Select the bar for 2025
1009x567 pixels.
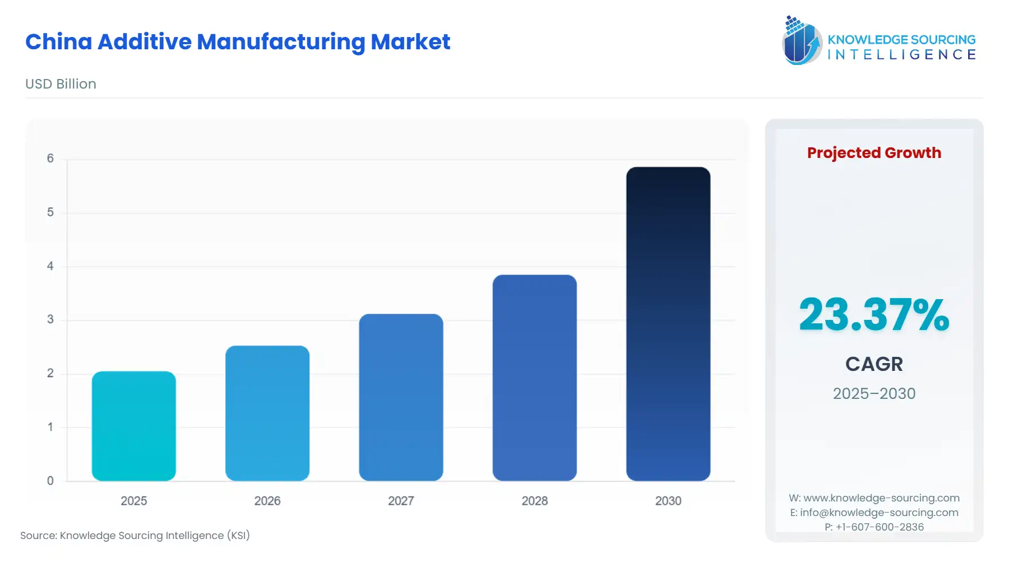pyautogui.click(x=133, y=426)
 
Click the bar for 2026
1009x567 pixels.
pyautogui.click(x=267, y=413)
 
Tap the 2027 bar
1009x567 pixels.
pyautogui.click(x=401, y=397)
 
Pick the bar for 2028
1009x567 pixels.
pyautogui.click(x=534, y=378)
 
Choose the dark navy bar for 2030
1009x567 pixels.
pyautogui.click(x=668, y=323)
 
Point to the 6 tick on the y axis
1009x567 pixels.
pyautogui.click(x=50, y=159)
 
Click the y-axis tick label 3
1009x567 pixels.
pyautogui.click(x=50, y=319)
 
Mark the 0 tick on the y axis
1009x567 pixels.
pyautogui.click(x=50, y=481)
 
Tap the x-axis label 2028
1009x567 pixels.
pyautogui.click(x=534, y=501)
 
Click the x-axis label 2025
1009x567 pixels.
pyautogui.click(x=133, y=501)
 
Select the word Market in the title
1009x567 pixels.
pyautogui.click(x=410, y=42)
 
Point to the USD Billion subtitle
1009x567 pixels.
pyautogui.click(x=61, y=84)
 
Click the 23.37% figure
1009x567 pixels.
pyautogui.click(x=873, y=315)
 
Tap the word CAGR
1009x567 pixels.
pyautogui.click(x=874, y=364)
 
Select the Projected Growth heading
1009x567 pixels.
pyautogui.click(x=874, y=153)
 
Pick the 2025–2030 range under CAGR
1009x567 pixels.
pyautogui.click(x=874, y=393)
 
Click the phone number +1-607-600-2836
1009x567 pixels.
pyautogui.click(x=880, y=527)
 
